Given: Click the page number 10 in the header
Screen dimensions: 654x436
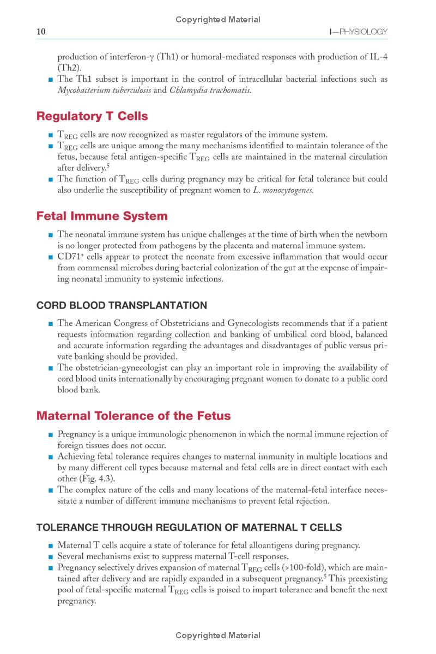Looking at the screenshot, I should tap(41, 32).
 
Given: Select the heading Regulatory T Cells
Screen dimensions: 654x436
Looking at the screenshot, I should tap(92, 116).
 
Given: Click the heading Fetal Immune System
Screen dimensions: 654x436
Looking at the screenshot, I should tap(102, 216).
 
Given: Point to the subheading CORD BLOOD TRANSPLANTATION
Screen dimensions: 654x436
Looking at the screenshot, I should tap(122, 305).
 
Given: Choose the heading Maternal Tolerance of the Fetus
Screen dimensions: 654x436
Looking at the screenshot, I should tap(134, 416).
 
